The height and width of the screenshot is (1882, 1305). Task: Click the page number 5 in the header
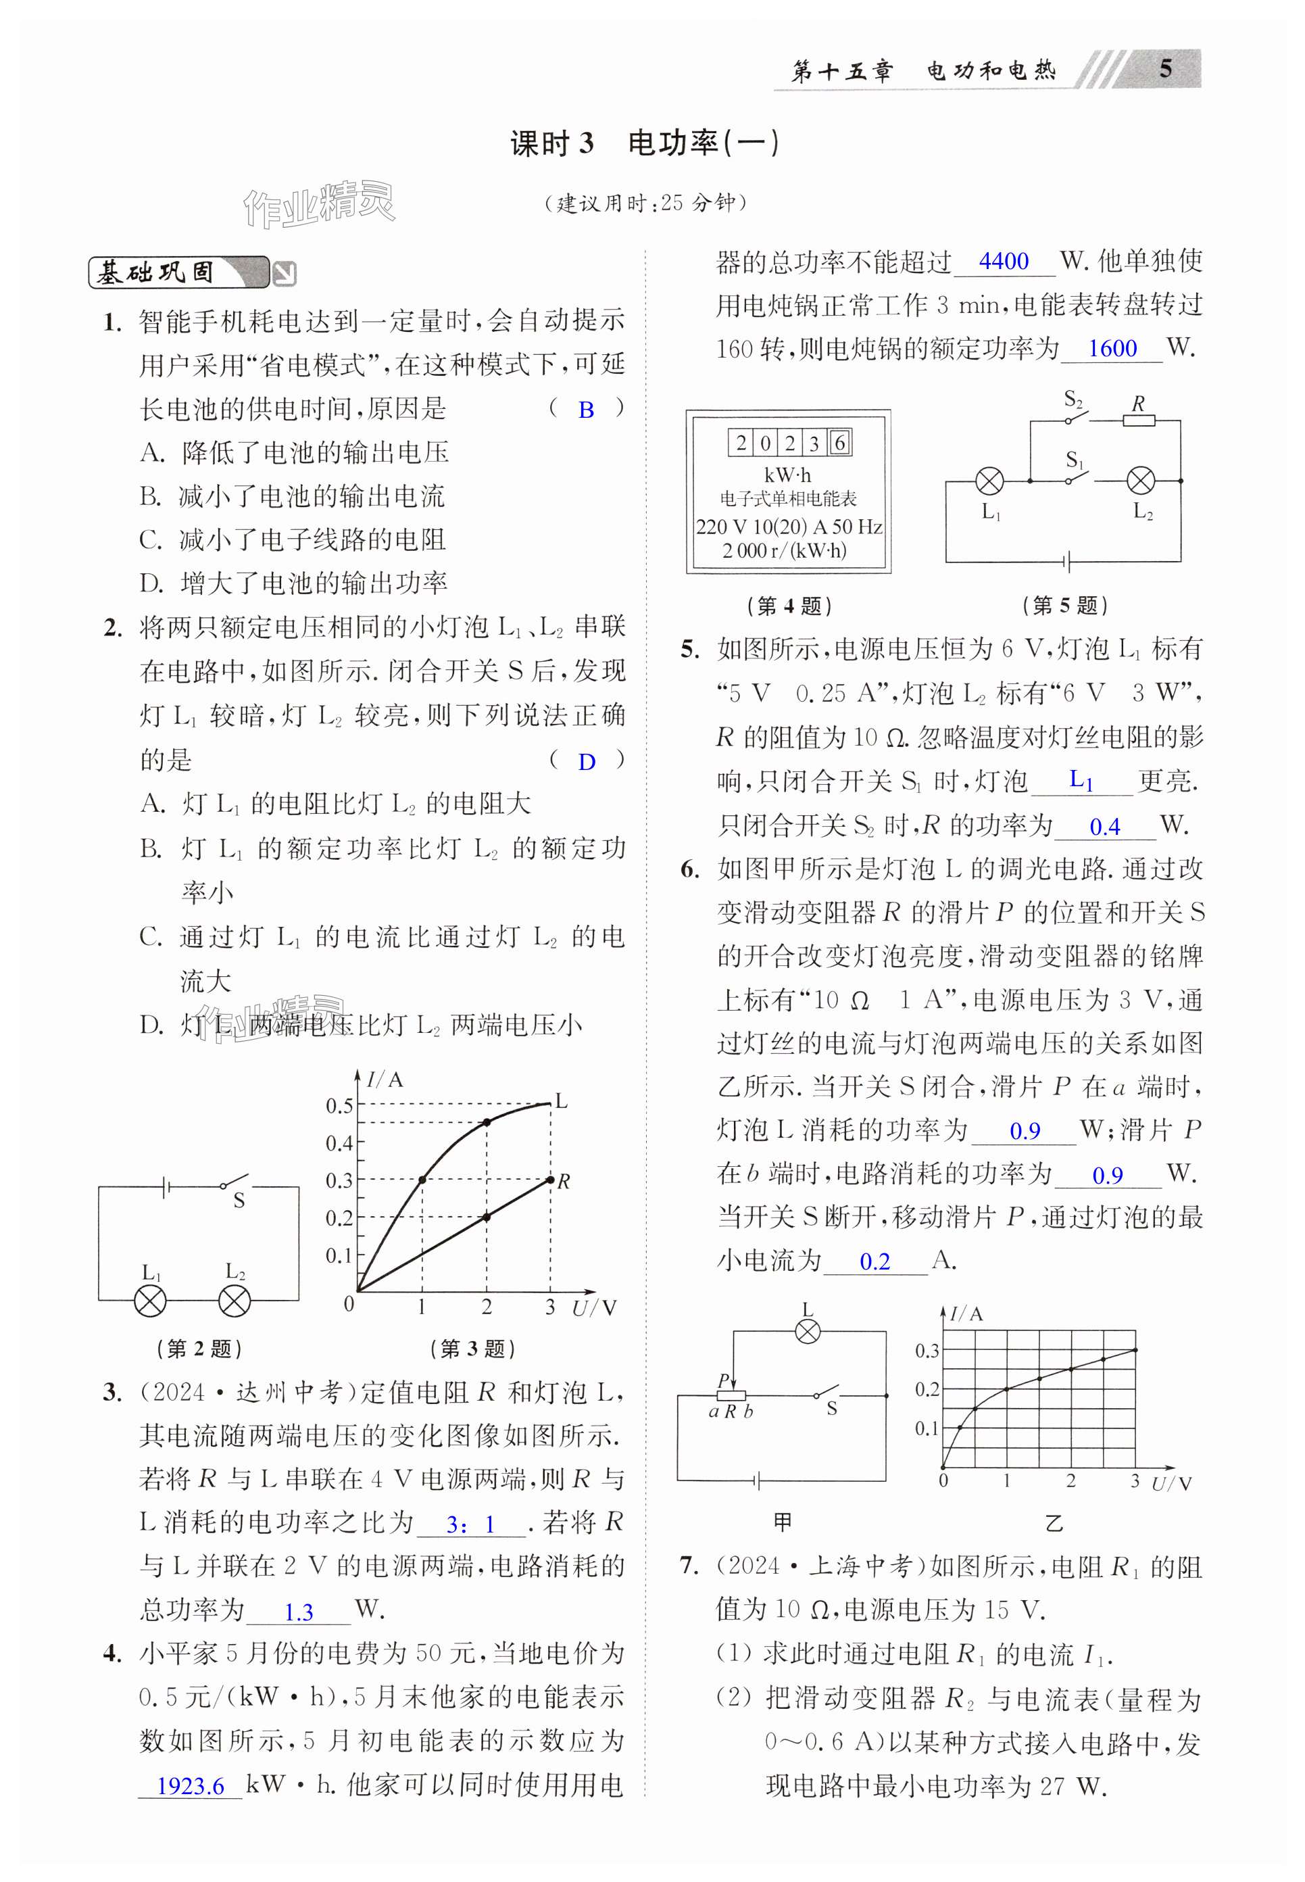[1165, 69]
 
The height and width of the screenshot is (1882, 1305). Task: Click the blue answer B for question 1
[586, 410]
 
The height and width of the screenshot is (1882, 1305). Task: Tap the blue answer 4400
[1004, 262]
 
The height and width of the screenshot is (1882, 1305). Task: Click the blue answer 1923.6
[190, 1785]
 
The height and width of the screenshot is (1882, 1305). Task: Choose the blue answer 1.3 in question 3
[299, 1612]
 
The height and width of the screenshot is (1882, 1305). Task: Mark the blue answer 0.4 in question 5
[1105, 827]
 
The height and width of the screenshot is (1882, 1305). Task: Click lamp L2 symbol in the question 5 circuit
[1141, 481]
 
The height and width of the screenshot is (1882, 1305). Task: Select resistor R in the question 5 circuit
[1138, 420]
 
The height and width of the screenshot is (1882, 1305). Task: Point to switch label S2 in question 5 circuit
[1073, 400]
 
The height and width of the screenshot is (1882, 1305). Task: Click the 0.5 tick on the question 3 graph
[339, 1106]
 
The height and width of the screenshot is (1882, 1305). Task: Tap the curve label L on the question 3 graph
[561, 1101]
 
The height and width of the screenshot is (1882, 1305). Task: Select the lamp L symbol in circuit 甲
[808, 1332]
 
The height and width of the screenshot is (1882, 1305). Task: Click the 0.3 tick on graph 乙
[927, 1351]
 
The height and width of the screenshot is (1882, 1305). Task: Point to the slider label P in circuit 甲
[723, 1380]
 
